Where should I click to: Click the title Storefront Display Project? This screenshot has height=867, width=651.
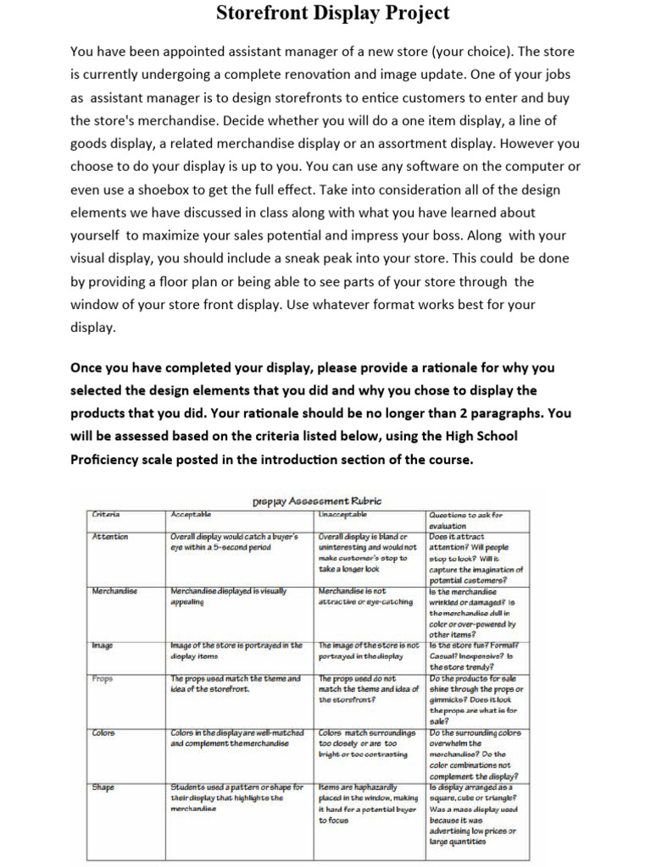click(333, 14)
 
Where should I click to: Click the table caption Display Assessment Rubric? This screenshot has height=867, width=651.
click(317, 500)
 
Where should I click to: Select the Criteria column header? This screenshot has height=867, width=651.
click(106, 515)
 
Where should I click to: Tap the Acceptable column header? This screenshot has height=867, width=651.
click(192, 515)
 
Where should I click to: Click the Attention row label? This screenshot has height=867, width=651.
click(110, 537)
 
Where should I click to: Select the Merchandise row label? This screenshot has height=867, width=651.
click(115, 591)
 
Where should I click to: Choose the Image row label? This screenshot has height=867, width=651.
click(103, 646)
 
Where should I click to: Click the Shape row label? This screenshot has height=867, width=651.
click(103, 787)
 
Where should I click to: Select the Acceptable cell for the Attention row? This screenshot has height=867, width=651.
click(237, 542)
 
